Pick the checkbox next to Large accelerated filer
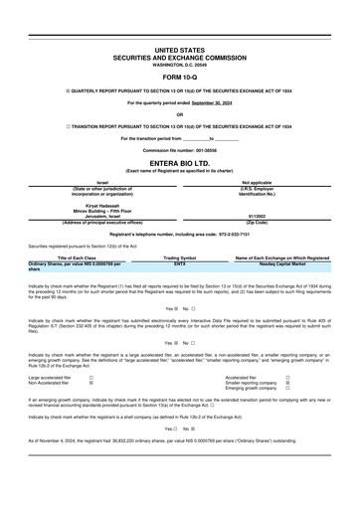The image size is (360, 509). click(x=91, y=378)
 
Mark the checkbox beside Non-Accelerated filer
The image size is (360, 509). click(x=91, y=384)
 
